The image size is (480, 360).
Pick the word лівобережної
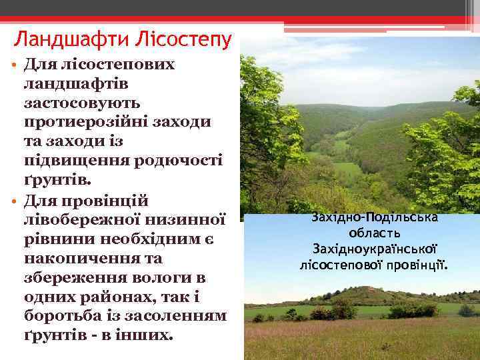click(81, 219)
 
